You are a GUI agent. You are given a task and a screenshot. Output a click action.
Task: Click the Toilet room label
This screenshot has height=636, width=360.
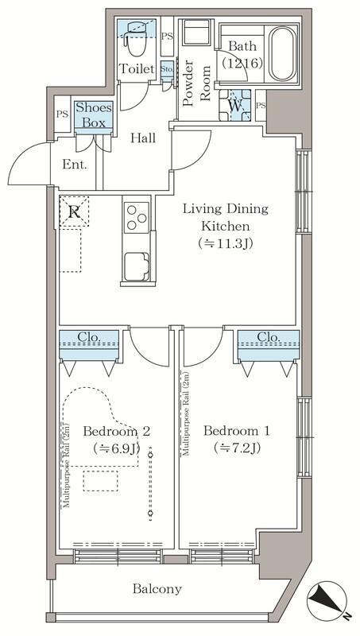tap(136, 69)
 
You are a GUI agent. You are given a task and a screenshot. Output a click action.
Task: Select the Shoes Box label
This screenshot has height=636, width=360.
tap(93, 115)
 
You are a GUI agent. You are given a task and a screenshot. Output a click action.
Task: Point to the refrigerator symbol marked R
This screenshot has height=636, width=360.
tap(74, 211)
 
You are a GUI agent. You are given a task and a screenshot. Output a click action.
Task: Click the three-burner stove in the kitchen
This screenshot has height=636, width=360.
tap(136, 217)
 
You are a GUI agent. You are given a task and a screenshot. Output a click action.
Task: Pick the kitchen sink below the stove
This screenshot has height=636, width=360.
tap(137, 266)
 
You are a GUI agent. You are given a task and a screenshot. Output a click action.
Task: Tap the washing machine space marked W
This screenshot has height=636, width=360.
tap(235, 106)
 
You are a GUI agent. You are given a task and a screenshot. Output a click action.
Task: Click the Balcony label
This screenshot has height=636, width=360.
tap(157, 588)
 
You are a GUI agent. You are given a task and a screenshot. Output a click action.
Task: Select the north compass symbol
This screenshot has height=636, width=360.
tap(327, 601)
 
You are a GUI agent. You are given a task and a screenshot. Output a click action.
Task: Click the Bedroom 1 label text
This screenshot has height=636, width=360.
tap(236, 431)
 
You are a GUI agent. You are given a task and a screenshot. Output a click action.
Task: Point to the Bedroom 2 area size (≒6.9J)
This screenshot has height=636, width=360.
tap(116, 448)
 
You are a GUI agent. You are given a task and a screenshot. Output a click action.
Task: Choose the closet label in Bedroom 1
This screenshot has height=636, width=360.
tap(269, 337)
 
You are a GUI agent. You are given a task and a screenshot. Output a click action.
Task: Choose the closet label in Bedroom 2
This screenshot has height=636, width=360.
tap(89, 336)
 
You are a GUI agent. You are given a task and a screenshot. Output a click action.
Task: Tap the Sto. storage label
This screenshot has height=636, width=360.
tap(167, 68)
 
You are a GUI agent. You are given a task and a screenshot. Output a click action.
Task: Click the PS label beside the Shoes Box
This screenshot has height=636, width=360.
tap(62, 114)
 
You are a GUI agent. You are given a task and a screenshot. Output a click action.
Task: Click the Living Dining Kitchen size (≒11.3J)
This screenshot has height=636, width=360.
tap(226, 243)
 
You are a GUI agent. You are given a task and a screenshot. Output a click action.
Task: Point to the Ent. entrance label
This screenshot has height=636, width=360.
tap(75, 165)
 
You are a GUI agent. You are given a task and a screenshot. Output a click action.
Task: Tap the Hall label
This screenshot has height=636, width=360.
tap(143, 138)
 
